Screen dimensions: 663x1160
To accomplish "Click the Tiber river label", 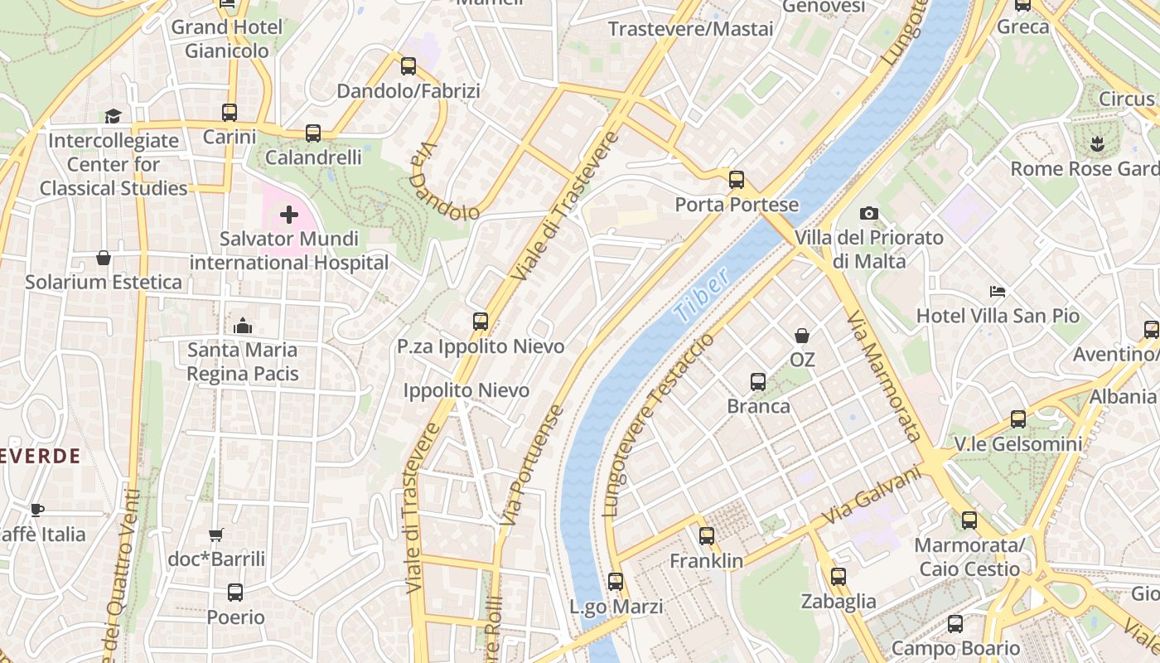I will point(702,295).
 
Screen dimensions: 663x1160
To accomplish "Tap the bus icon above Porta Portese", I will point(736,180).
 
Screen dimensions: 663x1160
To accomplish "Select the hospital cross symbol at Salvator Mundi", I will point(288,215).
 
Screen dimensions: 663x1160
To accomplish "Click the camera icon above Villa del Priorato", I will point(868,214).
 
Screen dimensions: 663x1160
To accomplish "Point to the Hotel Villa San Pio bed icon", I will point(998,292).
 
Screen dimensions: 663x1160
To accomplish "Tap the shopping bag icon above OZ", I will point(801,336).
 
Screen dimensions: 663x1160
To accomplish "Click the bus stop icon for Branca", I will point(757,382).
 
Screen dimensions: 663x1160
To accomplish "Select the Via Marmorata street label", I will point(884,375).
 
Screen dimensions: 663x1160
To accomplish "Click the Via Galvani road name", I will point(872,495).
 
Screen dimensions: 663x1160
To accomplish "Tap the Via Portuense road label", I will point(532,464).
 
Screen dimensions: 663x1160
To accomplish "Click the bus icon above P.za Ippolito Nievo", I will point(480,322).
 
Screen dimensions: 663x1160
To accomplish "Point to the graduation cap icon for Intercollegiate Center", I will point(113,116).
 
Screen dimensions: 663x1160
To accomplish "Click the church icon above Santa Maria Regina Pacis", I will point(243,326).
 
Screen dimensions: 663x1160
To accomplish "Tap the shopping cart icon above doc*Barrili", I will point(216,535).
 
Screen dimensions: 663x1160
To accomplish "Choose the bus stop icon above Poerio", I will point(235,593).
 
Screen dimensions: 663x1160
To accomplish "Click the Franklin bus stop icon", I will point(706,536).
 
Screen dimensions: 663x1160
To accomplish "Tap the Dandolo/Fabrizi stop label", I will point(408,91).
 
